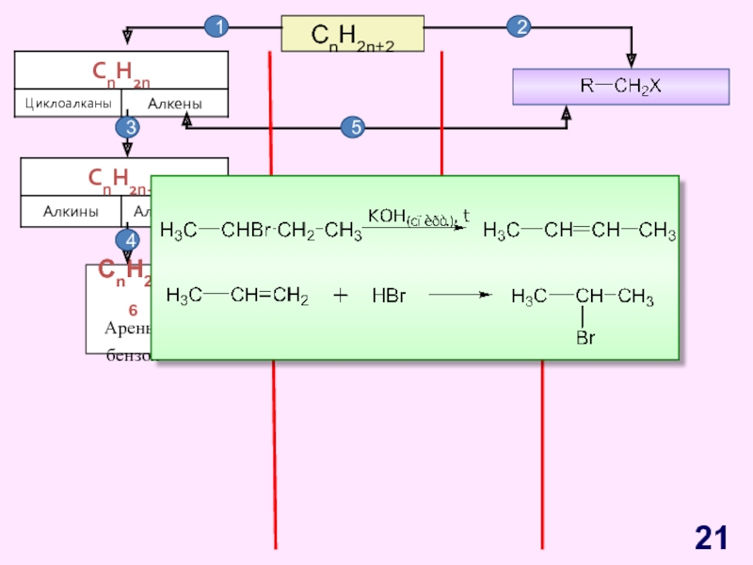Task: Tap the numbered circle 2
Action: (519, 28)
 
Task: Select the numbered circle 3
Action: (128, 126)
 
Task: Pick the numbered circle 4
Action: (128, 240)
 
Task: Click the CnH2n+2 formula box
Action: (353, 35)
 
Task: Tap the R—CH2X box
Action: (620, 87)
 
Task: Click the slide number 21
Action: (712, 538)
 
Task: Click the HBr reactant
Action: (388, 296)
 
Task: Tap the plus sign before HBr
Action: (341, 296)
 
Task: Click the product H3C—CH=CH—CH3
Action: (579, 231)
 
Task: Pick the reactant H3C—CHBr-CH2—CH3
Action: (261, 231)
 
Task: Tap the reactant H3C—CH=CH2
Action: (237, 296)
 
